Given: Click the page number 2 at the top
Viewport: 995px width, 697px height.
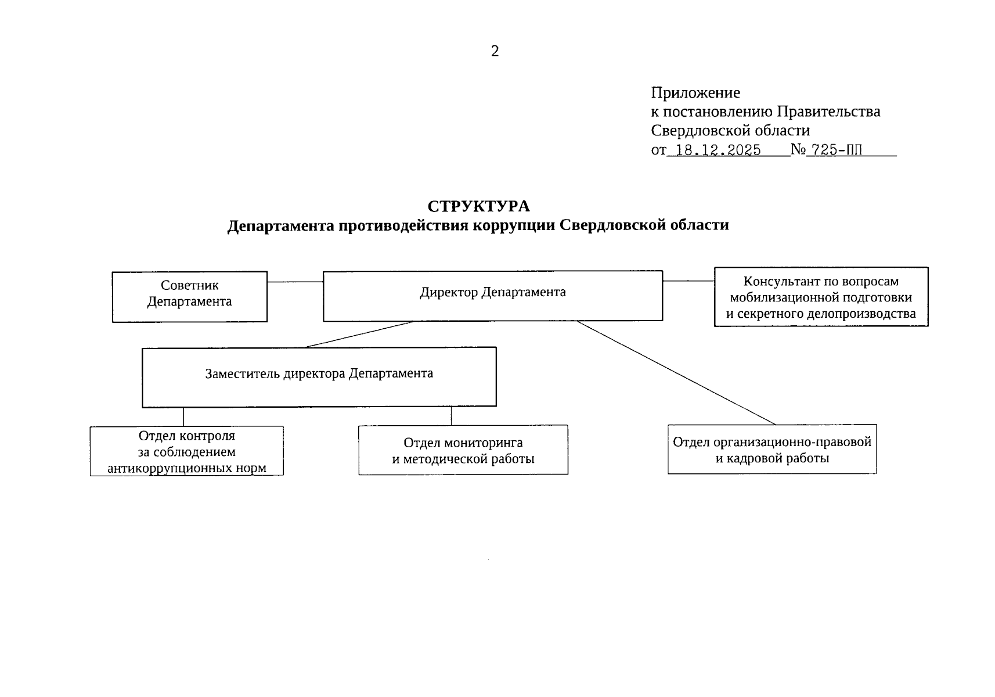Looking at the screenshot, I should click(495, 52).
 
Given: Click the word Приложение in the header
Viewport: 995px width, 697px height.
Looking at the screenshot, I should click(695, 93).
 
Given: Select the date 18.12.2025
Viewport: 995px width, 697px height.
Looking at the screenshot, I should click(719, 150).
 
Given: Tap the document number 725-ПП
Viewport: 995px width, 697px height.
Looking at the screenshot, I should click(837, 150).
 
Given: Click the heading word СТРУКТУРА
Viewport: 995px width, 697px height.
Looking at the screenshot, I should click(478, 207).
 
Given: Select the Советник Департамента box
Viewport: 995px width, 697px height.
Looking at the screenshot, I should click(189, 296).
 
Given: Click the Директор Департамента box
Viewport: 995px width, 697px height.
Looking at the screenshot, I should click(492, 296).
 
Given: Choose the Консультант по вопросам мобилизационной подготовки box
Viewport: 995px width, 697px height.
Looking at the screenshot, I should click(821, 297).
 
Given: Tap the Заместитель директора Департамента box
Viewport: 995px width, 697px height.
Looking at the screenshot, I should click(319, 376).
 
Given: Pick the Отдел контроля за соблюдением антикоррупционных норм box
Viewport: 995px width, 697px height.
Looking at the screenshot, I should click(186, 451).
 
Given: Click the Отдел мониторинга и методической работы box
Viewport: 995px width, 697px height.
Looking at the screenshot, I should click(463, 450).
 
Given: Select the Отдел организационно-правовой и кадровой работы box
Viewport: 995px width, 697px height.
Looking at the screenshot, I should click(772, 450).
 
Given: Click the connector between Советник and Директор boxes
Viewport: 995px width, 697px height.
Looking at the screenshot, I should click(295, 282).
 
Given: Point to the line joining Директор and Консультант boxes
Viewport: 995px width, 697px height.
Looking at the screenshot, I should click(688, 281).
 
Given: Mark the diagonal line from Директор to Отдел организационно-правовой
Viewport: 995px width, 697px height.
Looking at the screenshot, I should click(676, 372).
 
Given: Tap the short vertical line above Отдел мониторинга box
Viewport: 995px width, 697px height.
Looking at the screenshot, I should click(452, 416).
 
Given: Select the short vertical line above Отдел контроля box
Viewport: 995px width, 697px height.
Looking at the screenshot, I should click(184, 416).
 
